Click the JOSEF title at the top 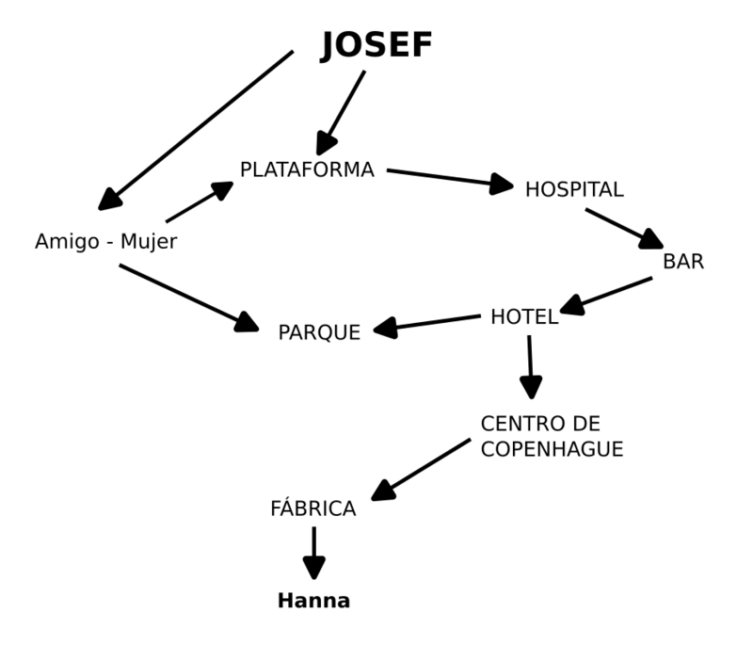(376, 45)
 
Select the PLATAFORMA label (307, 170)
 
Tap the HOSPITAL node (574, 189)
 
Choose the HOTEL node (524, 317)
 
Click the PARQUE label (319, 332)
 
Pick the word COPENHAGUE (552, 450)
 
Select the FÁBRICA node (313, 509)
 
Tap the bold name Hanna (313, 601)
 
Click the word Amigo (66, 242)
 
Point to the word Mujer (149, 243)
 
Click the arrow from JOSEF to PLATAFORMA (342, 112)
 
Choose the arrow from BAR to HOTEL (607, 294)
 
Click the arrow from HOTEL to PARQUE (427, 323)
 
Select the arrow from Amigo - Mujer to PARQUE (188, 298)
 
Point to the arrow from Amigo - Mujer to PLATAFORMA (200, 202)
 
